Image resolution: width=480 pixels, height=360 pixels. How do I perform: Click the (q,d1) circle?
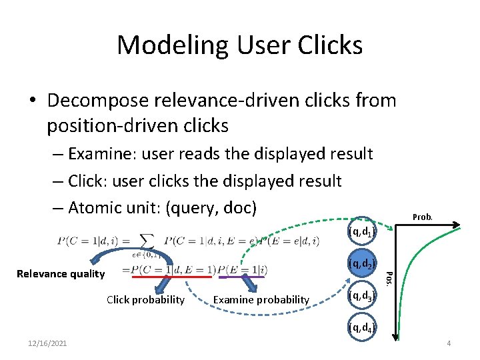(x=361, y=232)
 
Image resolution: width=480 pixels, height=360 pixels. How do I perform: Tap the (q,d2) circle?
(x=361, y=263)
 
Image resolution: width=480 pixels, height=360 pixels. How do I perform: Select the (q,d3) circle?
(x=361, y=295)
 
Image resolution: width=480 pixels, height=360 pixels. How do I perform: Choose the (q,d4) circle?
(x=361, y=327)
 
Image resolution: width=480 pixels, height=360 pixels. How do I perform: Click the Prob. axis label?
(x=423, y=217)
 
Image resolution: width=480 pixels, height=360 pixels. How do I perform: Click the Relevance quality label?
(x=61, y=273)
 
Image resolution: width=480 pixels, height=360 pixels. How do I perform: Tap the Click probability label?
(x=145, y=300)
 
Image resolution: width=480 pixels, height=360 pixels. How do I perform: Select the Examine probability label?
(x=261, y=300)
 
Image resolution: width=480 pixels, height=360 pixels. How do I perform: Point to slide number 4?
(x=449, y=343)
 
